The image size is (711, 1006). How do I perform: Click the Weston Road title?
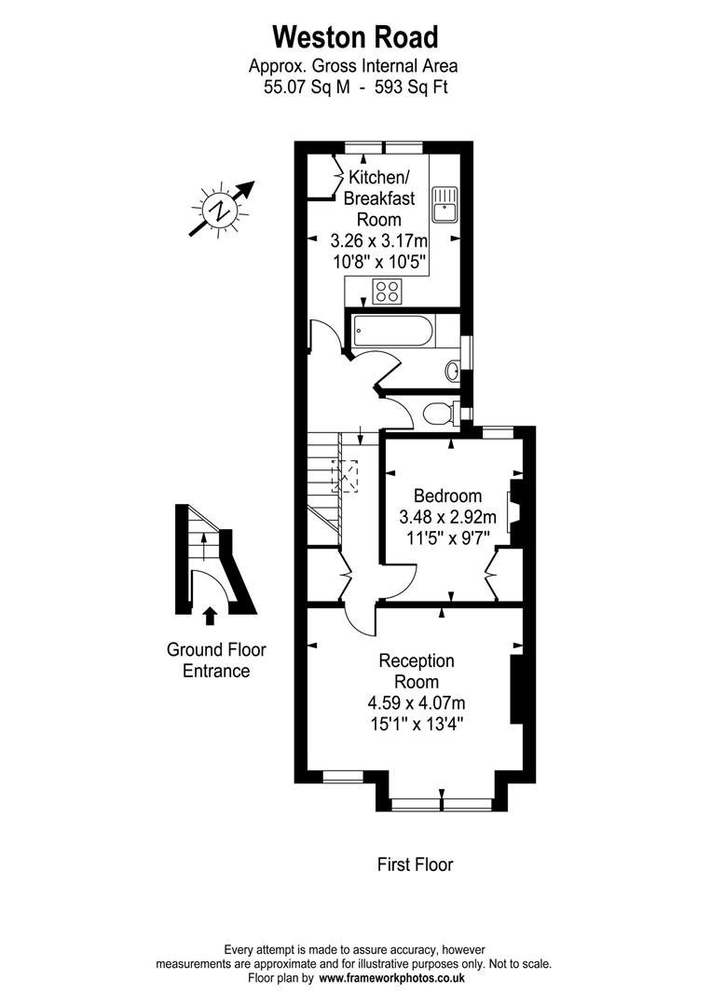[354, 37]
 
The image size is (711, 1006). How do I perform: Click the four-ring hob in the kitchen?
[387, 291]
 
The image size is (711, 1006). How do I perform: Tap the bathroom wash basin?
[452, 371]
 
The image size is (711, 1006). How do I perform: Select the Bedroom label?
[447, 496]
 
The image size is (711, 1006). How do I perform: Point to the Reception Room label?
[417, 671]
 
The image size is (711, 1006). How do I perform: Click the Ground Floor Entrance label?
[209, 659]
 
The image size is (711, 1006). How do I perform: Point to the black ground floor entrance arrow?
[210, 615]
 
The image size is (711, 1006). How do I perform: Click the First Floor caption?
[415, 864]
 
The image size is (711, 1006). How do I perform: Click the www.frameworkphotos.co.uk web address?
[391, 979]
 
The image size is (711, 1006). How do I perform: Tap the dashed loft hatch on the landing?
[345, 475]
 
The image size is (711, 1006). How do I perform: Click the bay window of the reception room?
[442, 802]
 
